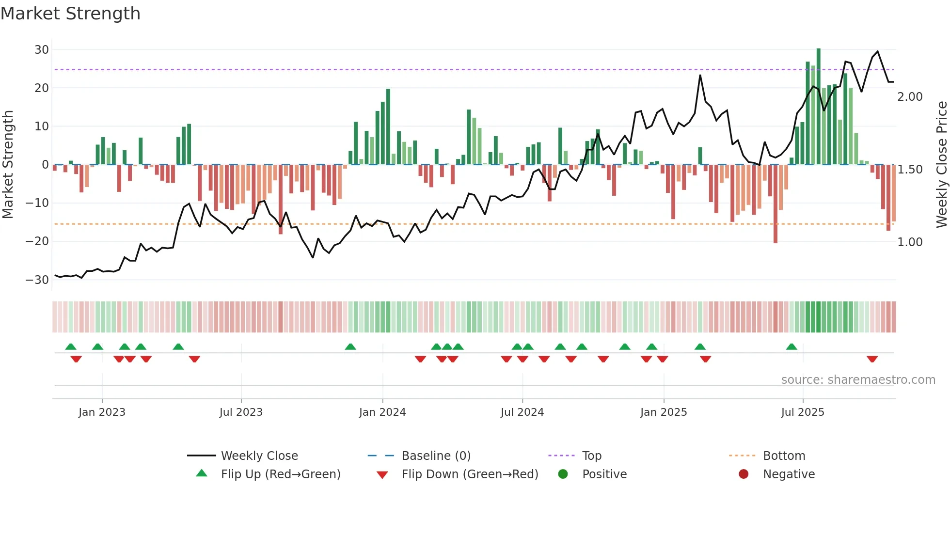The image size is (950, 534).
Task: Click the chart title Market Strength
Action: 70,14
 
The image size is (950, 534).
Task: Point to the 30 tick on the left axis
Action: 41,50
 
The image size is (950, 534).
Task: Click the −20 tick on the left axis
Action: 37,241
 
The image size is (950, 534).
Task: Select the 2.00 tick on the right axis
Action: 910,97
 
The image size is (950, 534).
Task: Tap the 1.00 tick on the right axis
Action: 910,242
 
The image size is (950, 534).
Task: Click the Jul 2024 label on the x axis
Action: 522,412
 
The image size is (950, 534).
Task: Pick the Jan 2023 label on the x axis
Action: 102,412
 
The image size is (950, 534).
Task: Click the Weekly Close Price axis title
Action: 941,165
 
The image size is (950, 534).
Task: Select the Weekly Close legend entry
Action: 259,456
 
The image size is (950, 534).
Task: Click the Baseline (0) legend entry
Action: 436,456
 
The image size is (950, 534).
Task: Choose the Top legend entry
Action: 591,456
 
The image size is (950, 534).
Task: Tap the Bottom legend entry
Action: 784,456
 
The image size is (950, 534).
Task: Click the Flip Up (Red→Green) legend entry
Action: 280,474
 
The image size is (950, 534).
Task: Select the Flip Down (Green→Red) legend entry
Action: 469,474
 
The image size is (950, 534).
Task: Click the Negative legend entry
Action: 789,474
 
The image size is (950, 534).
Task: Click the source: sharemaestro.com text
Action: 858,380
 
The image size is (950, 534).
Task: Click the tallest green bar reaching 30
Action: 819,107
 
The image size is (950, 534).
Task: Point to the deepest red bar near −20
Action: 776,204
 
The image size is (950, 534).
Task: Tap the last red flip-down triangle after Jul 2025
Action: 872,359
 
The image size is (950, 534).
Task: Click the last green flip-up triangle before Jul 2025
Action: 792,347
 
